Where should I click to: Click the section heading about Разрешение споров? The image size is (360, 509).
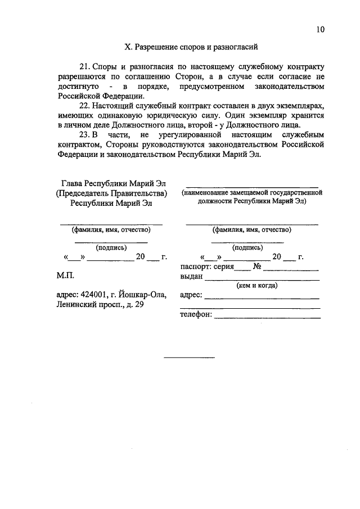192,48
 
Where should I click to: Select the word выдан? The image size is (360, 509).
192,277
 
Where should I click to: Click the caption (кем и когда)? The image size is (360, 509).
249,285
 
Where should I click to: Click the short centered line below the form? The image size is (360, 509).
189,357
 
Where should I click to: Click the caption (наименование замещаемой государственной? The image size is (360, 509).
251,192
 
